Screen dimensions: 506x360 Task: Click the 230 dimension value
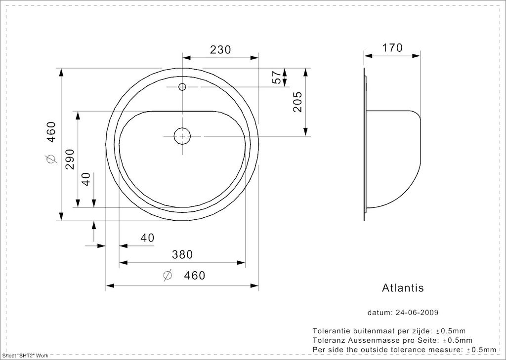click(220, 50)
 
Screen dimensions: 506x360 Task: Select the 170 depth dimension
click(392, 48)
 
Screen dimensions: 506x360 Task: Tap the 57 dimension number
click(277, 78)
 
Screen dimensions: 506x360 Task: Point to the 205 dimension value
click(297, 102)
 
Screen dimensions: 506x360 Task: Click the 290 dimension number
click(70, 159)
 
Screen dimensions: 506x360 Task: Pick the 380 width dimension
click(182, 254)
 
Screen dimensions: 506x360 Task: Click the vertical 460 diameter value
click(51, 132)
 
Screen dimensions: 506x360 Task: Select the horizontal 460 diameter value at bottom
click(194, 275)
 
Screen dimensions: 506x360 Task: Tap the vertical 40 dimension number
click(86, 179)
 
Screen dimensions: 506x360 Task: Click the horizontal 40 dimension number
click(147, 238)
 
